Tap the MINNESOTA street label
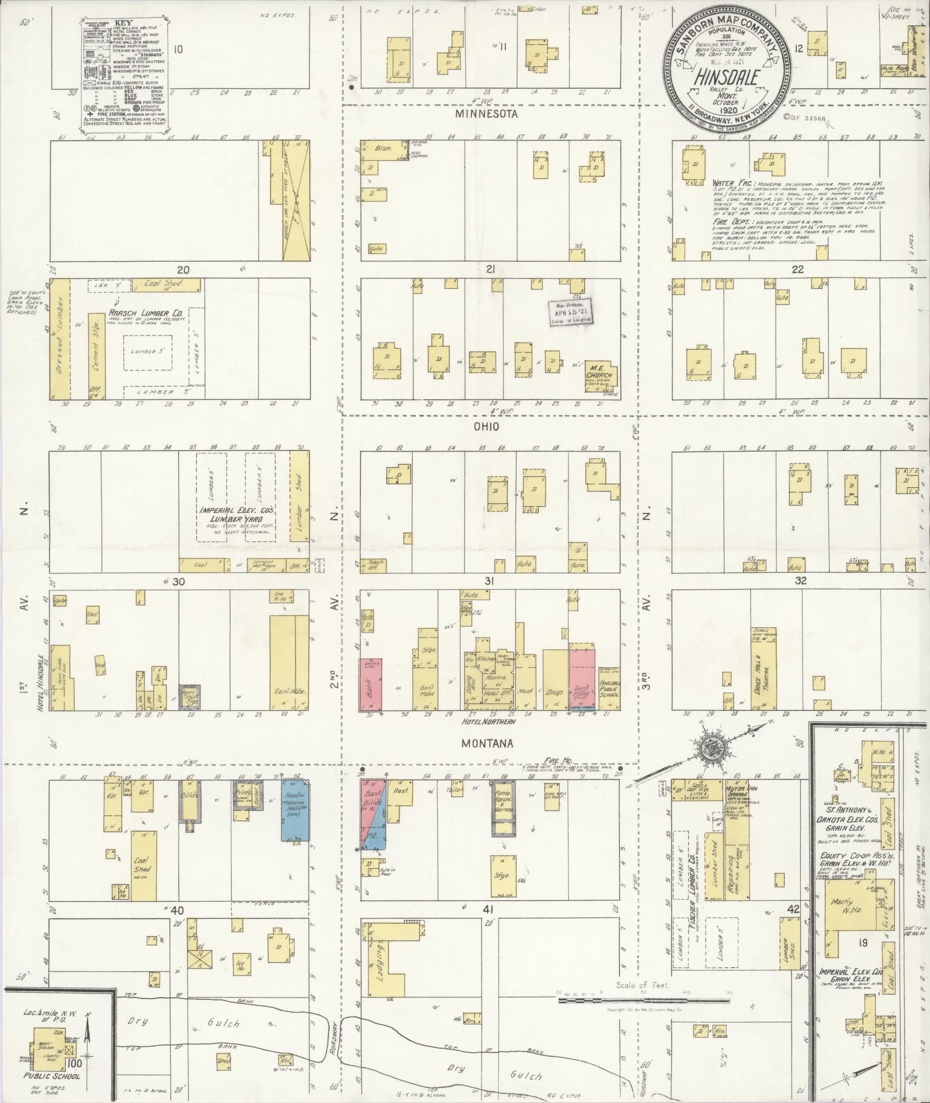(485, 114)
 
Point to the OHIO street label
(486, 427)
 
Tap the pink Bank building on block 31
(371, 684)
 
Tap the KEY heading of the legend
(123, 25)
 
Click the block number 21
(490, 269)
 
